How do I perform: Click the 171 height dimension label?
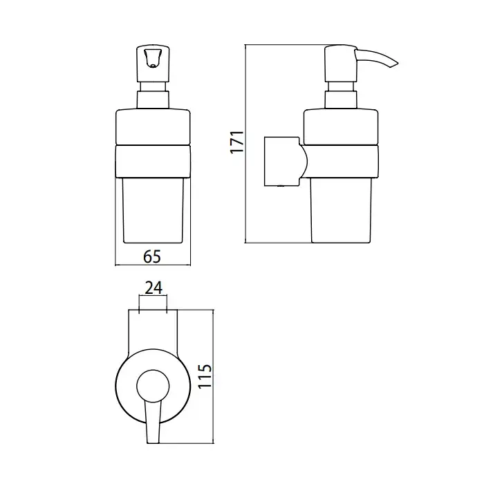[x=237, y=142]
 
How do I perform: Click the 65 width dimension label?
[x=152, y=257]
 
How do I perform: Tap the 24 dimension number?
[x=153, y=288]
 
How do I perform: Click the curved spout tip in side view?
[x=395, y=64]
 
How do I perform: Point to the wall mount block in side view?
[x=281, y=161]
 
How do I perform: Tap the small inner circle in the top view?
[x=153, y=386]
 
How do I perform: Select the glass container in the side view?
[x=341, y=211]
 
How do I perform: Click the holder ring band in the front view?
[x=153, y=161]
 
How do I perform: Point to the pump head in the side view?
[x=340, y=64]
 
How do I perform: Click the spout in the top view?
[x=153, y=422]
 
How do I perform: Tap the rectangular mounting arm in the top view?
[x=153, y=333]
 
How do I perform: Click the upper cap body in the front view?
[x=153, y=127]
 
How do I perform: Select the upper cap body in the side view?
[x=341, y=127]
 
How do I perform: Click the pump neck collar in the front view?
[x=153, y=100]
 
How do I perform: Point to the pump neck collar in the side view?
[x=341, y=100]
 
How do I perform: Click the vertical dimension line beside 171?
[x=245, y=144]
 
